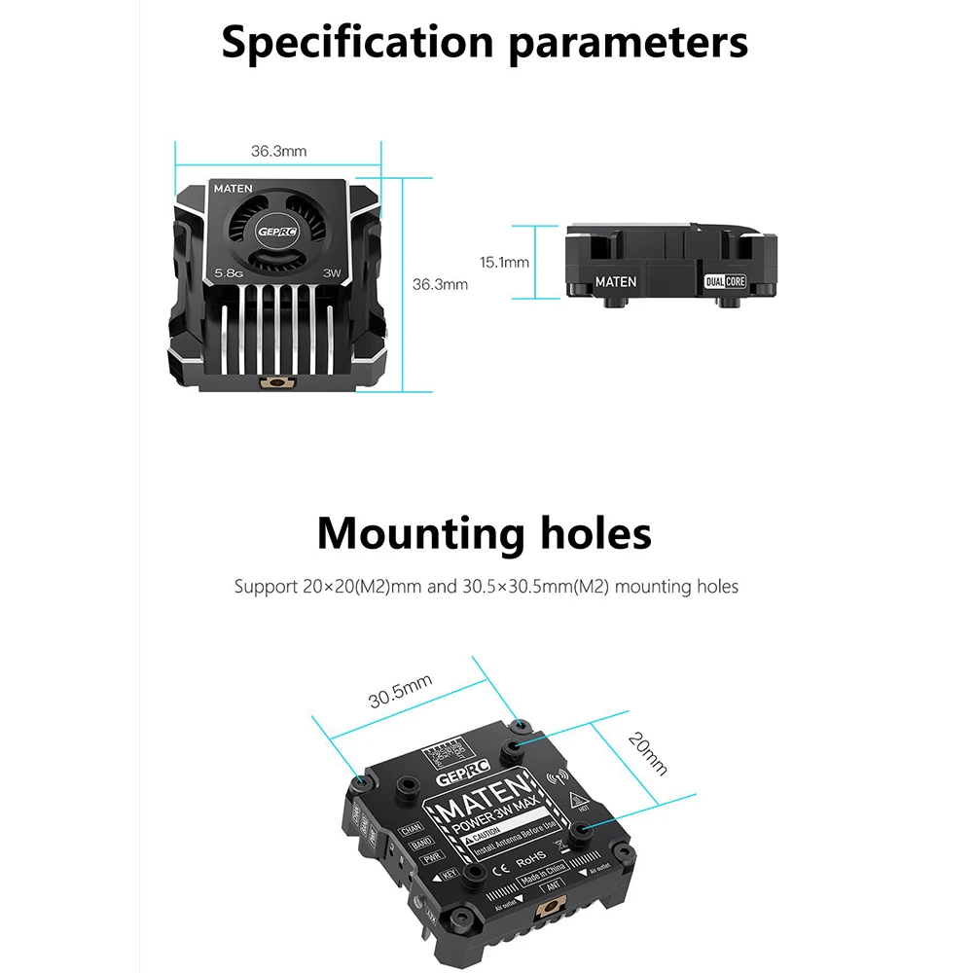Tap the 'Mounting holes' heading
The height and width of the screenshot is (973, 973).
coord(484,533)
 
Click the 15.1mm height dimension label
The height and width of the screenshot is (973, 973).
coord(504,262)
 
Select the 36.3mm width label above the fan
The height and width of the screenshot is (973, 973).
coord(278,151)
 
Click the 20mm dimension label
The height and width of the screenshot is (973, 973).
coord(648,753)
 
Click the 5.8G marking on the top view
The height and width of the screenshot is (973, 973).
coord(229,274)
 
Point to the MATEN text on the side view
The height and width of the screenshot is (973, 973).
coord(615,282)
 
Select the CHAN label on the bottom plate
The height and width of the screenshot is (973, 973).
coord(410,830)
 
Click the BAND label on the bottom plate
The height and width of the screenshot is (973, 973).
coord(420,845)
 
